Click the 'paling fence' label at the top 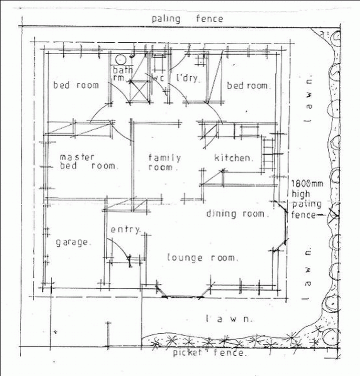pyautogui.click(x=187, y=19)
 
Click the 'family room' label pyautogui.click(x=164, y=162)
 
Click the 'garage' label pyautogui.click(x=73, y=243)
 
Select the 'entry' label pyautogui.click(x=125, y=230)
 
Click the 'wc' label pyautogui.click(x=157, y=78)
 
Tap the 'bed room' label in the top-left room pyautogui.click(x=76, y=85)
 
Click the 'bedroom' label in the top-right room pyautogui.click(x=249, y=86)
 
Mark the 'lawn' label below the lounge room pyautogui.click(x=230, y=319)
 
